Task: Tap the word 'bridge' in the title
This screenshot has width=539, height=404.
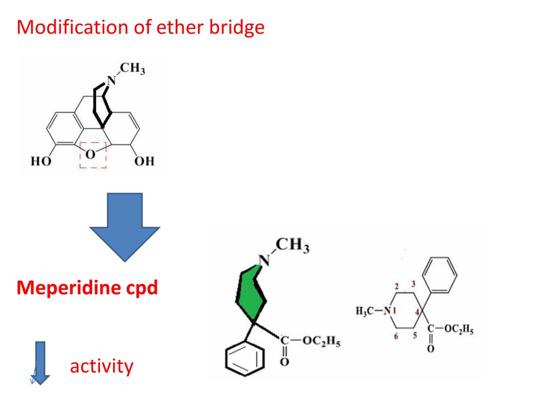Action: tap(237, 28)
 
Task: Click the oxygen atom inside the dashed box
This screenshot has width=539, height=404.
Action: tap(90, 155)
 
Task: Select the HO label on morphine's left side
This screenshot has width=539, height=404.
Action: tap(41, 161)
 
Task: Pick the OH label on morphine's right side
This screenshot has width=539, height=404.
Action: tap(144, 161)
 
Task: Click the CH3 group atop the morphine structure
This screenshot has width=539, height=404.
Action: tap(132, 68)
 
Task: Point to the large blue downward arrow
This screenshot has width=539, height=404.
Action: tap(125, 227)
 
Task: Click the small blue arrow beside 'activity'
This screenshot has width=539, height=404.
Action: tap(40, 363)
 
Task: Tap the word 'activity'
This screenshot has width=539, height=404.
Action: tap(102, 366)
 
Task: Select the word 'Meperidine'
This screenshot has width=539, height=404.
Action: tap(68, 288)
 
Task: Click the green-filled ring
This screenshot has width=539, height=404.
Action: tap(251, 294)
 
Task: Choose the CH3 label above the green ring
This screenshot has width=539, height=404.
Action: tap(293, 245)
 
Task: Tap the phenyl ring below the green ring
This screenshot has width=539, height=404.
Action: tap(245, 358)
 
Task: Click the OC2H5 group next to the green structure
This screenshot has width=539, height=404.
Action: tap(322, 341)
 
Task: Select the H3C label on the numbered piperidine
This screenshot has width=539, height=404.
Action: tap(365, 311)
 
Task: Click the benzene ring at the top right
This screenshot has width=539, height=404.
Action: tap(440, 275)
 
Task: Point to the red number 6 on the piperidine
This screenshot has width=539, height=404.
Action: tap(396, 336)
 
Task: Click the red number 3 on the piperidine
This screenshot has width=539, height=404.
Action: tap(413, 284)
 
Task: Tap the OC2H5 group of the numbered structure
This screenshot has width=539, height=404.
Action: tap(459, 329)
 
